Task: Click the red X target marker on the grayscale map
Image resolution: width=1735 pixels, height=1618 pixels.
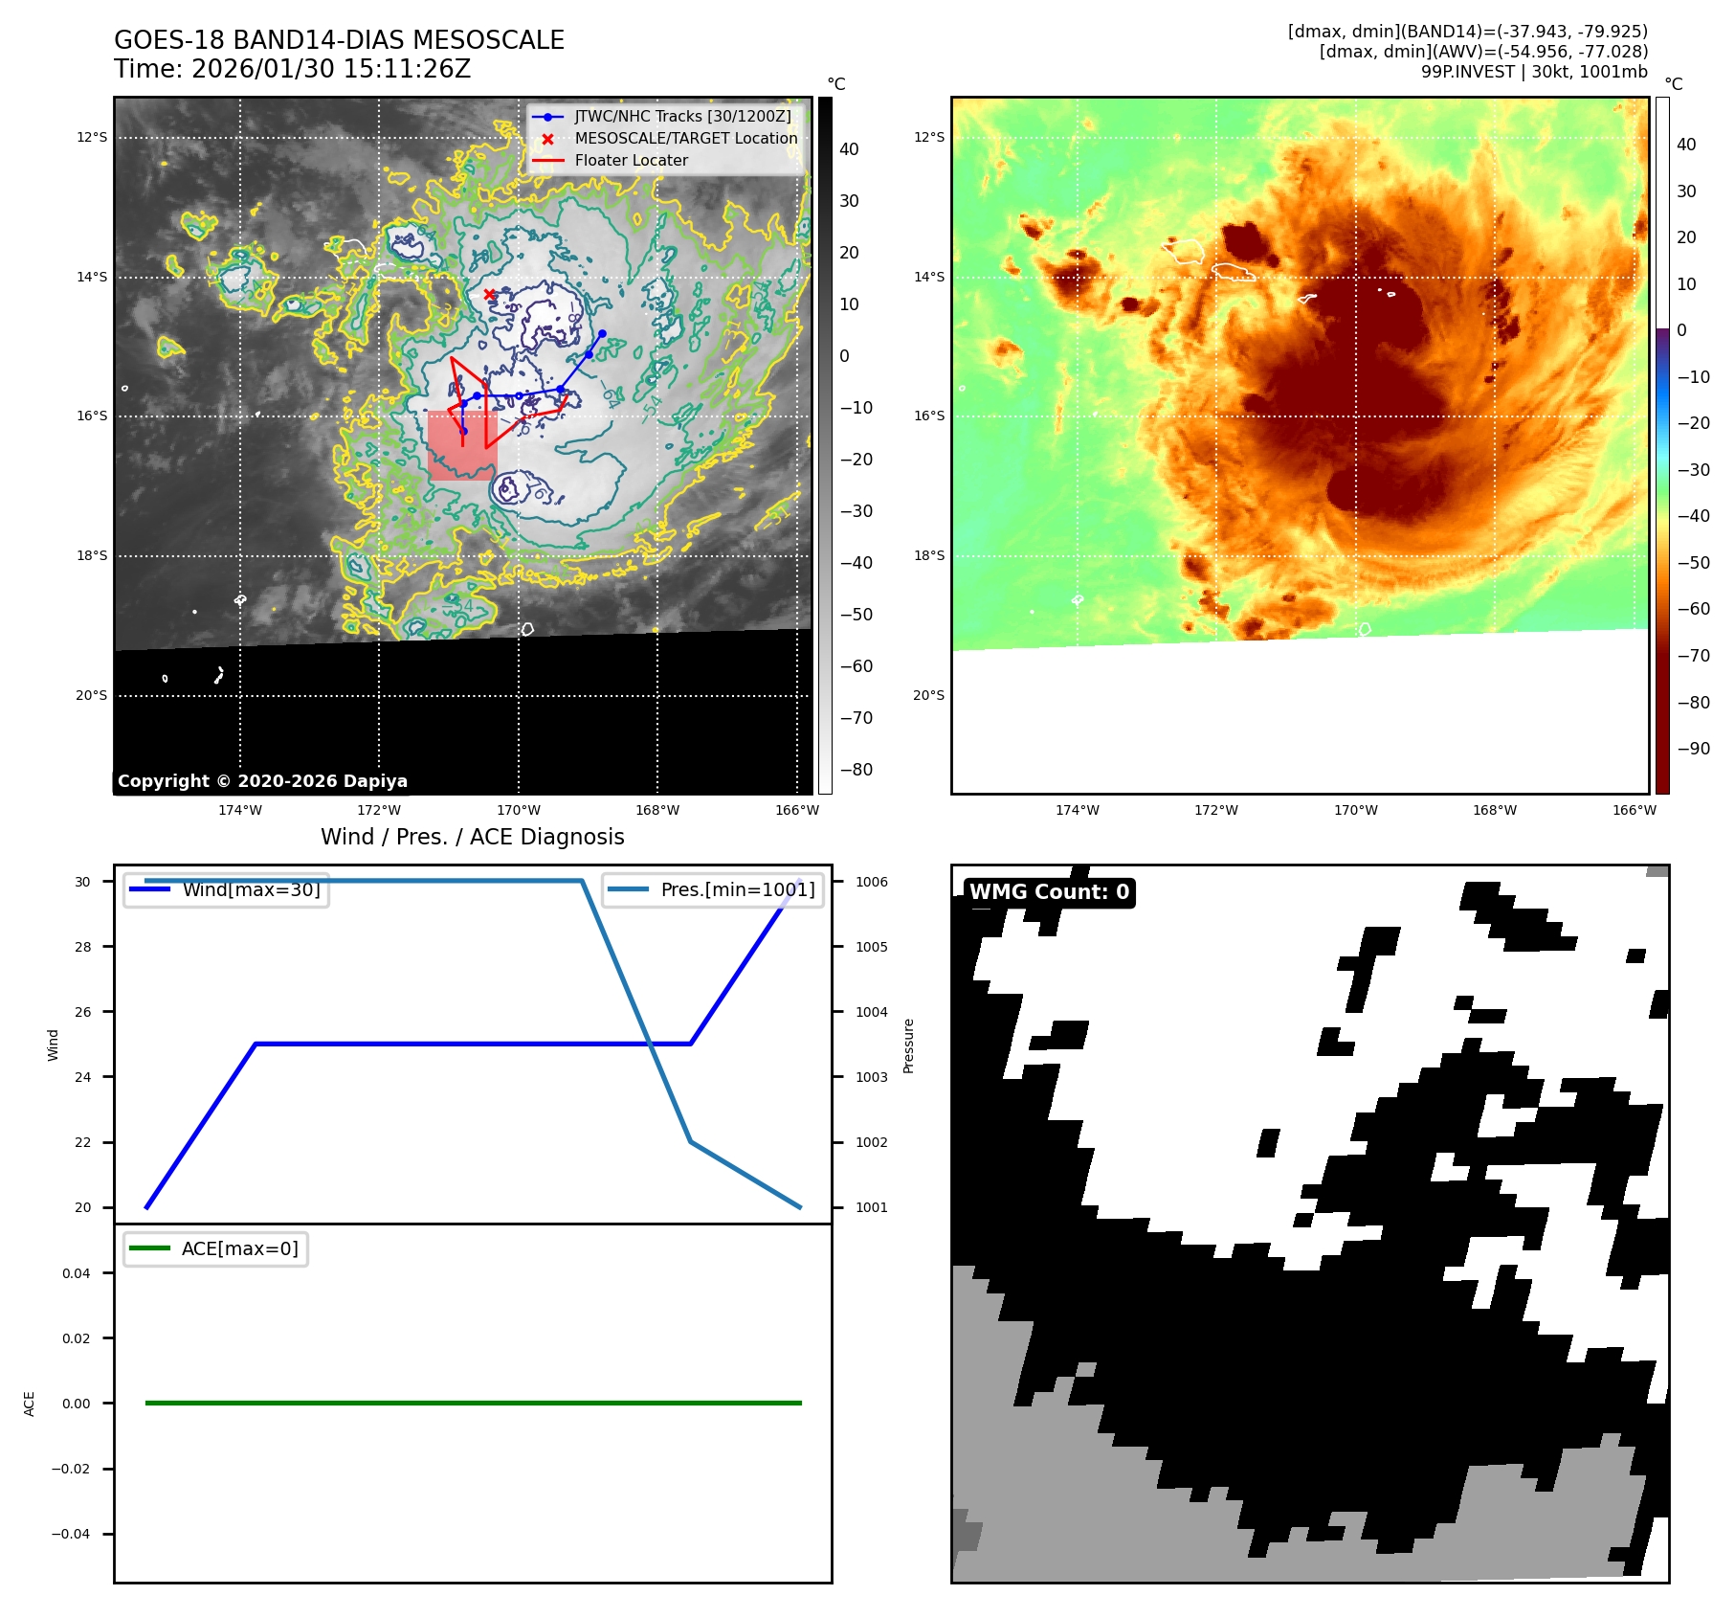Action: point(489,295)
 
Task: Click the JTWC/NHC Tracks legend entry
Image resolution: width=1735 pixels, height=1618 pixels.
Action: point(682,116)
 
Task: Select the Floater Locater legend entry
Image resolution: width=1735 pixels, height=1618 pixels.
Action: point(631,161)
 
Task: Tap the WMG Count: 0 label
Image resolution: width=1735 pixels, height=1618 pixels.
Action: point(1049,892)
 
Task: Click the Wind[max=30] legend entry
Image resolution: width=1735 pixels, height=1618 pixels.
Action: point(251,889)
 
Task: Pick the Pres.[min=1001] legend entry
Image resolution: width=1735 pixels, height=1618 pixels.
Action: point(737,889)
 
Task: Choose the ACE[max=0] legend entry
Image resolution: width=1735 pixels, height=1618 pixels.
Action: point(239,1248)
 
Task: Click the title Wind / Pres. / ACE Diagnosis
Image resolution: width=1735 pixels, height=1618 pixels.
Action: point(472,837)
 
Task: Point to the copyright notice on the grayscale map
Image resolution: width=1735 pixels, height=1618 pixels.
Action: point(262,781)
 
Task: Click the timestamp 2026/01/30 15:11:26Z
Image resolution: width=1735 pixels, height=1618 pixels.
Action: point(331,69)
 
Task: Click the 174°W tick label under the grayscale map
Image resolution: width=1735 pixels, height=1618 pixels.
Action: point(239,810)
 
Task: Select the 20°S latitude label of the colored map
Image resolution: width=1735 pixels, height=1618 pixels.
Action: point(928,695)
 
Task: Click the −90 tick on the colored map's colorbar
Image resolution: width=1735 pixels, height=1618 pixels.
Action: point(1693,749)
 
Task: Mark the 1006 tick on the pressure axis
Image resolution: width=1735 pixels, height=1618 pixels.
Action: point(872,882)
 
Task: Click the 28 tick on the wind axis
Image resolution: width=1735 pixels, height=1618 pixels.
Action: point(83,947)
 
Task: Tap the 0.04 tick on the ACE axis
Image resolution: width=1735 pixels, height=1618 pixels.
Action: point(77,1273)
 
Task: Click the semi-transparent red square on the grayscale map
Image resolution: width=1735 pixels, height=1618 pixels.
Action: point(462,446)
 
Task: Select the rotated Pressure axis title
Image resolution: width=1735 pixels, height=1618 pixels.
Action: point(909,1045)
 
